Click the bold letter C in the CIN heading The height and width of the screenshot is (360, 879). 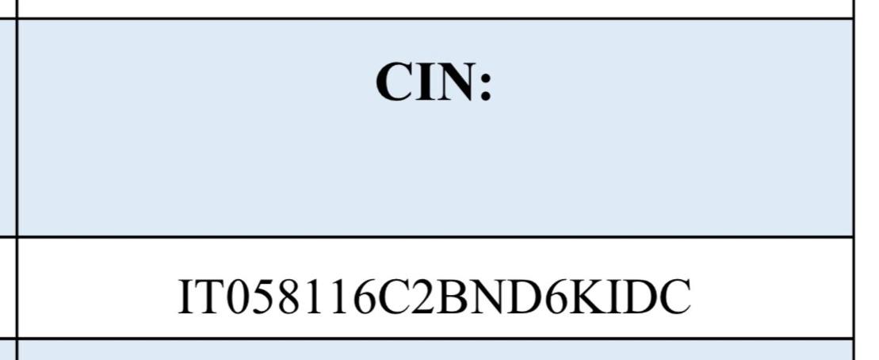(396, 82)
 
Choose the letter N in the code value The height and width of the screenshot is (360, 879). (487, 296)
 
